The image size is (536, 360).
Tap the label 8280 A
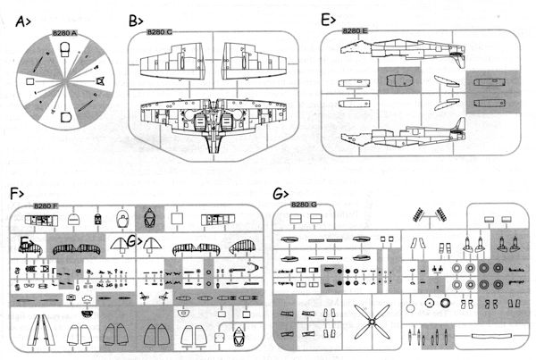coord(65,33)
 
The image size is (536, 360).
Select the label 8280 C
coord(159,33)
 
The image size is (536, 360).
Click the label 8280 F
coord(45,206)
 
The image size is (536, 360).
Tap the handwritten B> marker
coord(137,19)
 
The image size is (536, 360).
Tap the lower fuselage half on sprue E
coord(402,135)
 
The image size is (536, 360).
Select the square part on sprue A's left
coord(31,81)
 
